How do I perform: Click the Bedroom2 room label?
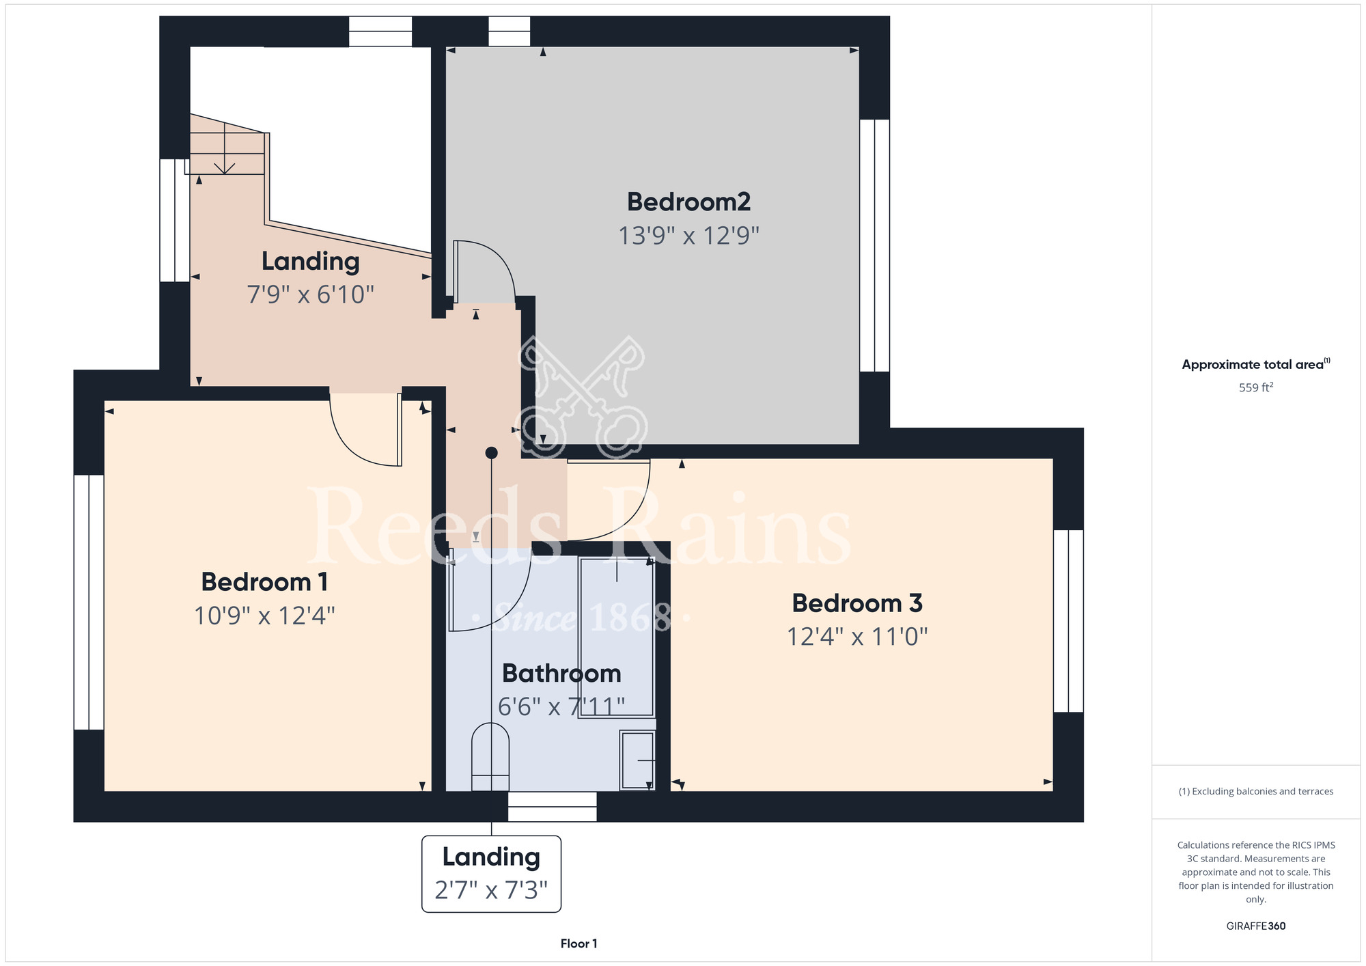click(688, 202)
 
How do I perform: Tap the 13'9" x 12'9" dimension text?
click(688, 236)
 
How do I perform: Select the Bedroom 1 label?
click(264, 582)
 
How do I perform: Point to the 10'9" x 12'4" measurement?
click(264, 616)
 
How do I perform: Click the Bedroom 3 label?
click(857, 603)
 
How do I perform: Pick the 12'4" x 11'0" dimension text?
click(857, 637)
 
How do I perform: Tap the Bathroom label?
click(561, 674)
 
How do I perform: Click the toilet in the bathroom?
click(490, 757)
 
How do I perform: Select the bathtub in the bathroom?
click(617, 637)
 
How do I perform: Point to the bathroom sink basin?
click(637, 760)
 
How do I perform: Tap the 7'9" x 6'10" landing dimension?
click(310, 294)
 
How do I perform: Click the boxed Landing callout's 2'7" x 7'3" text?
click(491, 890)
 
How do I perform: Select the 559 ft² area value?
click(1256, 387)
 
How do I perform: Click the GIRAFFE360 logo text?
click(1255, 926)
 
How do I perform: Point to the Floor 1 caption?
click(579, 943)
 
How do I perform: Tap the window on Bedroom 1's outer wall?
click(89, 603)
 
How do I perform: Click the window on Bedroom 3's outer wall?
click(1068, 621)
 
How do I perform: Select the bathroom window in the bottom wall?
click(553, 807)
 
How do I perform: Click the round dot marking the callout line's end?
click(491, 453)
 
